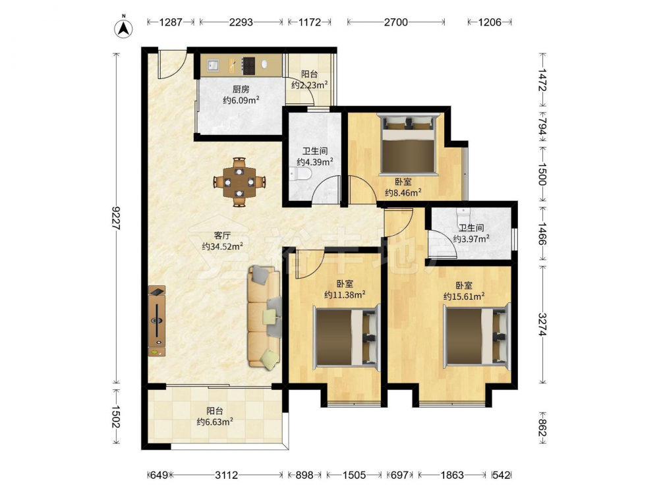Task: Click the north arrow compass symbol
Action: (x=124, y=28)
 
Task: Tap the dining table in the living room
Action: (x=239, y=182)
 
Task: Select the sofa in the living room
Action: (x=265, y=317)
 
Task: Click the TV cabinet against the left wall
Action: (x=156, y=321)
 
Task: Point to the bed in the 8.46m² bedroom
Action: (x=407, y=144)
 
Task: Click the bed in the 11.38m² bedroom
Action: (x=347, y=336)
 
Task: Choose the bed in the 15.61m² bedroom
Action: (x=477, y=336)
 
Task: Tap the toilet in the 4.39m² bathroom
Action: (x=300, y=173)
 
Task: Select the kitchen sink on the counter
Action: (x=213, y=65)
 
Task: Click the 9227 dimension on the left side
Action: (x=116, y=219)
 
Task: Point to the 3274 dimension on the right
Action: (x=542, y=324)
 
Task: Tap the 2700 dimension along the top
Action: (x=396, y=22)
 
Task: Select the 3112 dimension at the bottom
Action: (x=227, y=475)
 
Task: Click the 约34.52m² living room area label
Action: (x=222, y=246)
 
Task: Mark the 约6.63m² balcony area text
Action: (x=215, y=422)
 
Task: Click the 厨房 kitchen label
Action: (x=241, y=89)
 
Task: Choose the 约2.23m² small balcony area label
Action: (x=310, y=85)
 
